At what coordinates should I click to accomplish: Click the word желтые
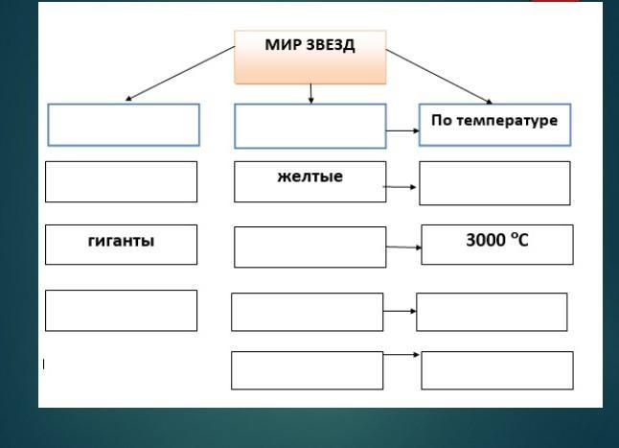click(x=309, y=177)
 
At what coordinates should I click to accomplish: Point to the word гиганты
click(x=121, y=241)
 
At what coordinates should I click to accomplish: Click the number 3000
click(x=485, y=240)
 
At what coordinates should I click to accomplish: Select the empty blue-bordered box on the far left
click(x=124, y=125)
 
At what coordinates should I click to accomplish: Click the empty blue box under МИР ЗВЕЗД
click(x=309, y=127)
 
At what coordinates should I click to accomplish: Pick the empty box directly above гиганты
click(x=121, y=181)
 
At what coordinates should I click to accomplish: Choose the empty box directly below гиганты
click(x=121, y=311)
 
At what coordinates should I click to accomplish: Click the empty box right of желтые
click(x=494, y=183)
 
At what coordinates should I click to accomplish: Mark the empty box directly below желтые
click(x=309, y=248)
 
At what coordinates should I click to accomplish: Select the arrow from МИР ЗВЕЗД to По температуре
click(x=439, y=77)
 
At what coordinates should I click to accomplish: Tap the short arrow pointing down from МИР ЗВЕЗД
click(x=310, y=93)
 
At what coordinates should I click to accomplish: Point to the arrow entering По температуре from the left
click(x=402, y=130)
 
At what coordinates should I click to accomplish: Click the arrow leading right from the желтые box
click(x=401, y=187)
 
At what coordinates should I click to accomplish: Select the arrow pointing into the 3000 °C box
click(x=404, y=247)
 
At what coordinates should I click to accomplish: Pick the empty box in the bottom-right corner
click(x=496, y=370)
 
